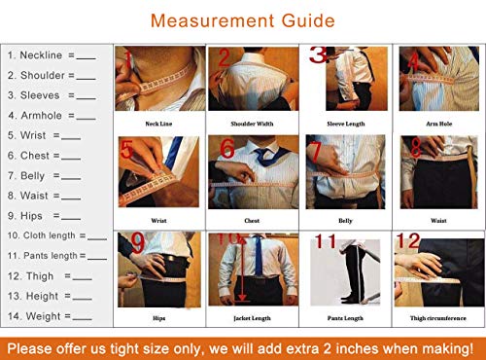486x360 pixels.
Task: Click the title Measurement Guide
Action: click(x=243, y=20)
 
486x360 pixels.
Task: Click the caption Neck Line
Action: click(x=159, y=124)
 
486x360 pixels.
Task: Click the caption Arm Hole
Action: click(x=437, y=124)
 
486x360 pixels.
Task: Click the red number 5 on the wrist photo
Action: click(x=127, y=151)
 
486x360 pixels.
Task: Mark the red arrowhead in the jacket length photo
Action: click(x=237, y=298)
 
